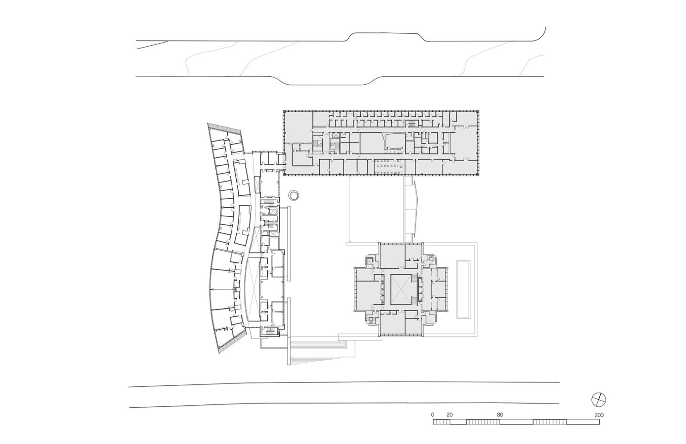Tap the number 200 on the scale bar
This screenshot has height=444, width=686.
[x=599, y=415]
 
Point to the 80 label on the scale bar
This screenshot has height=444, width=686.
[x=499, y=415]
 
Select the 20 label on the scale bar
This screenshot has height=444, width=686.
[x=449, y=415]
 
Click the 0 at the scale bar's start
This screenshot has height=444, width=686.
[x=433, y=415]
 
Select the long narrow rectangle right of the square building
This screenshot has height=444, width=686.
[x=463, y=289]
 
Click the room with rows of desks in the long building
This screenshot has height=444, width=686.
[x=388, y=166]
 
